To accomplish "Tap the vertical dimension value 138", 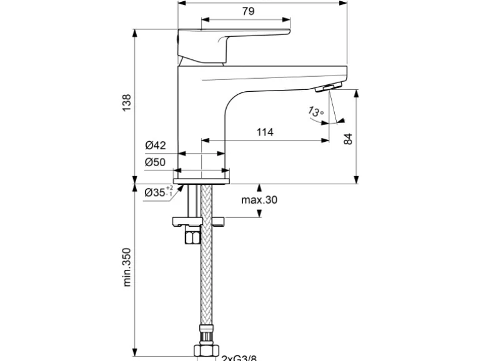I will coord(127,104).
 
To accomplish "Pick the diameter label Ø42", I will coord(156,146).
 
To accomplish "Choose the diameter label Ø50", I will coord(156,162).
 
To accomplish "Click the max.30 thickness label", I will coord(259,200).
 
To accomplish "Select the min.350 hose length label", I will coord(127,270).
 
